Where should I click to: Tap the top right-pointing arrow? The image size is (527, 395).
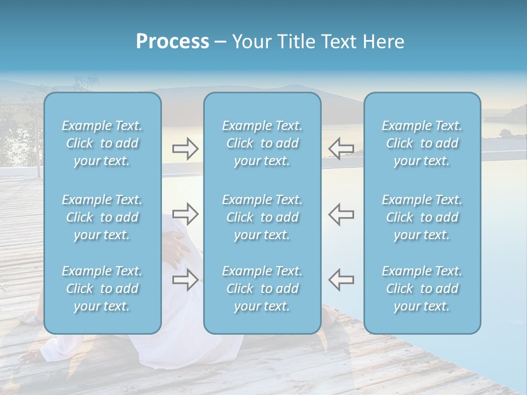point(185,149)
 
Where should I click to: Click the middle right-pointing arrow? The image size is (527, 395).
point(185,214)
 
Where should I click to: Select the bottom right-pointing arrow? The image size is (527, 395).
point(185,280)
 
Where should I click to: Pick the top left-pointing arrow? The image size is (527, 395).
point(341,149)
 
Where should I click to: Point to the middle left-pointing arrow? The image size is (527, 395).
point(341,214)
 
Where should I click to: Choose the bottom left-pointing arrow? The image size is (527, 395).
point(341,280)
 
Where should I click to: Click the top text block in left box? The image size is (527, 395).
point(102,143)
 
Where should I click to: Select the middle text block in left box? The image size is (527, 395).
point(102,217)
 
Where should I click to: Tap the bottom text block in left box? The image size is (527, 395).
point(102,289)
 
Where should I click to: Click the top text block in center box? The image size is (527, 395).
point(262,143)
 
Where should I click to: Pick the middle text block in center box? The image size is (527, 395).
point(262,217)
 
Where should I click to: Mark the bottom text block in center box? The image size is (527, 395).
point(262,289)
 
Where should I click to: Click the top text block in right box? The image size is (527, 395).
point(422,143)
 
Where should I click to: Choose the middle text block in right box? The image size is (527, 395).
point(422,217)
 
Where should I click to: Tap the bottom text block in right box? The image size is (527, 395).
point(422,289)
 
